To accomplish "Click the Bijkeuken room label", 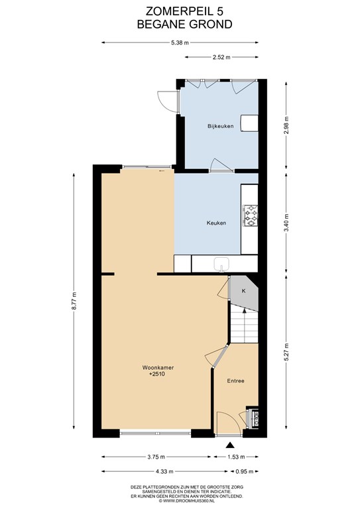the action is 220,126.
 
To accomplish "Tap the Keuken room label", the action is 216,223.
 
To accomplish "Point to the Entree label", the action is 235,381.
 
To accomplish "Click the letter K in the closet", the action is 244,291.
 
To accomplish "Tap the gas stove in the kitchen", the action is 251,215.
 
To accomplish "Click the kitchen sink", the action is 222,264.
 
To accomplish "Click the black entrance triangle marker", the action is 230,445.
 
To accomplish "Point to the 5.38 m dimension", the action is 180,42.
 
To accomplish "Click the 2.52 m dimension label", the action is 221,58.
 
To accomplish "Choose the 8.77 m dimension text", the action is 74,302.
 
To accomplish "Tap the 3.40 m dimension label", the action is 286,223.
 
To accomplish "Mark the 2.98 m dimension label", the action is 286,126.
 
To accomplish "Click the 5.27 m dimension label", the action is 286,352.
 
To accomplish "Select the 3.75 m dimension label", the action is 156,457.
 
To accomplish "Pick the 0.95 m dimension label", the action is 244,472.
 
